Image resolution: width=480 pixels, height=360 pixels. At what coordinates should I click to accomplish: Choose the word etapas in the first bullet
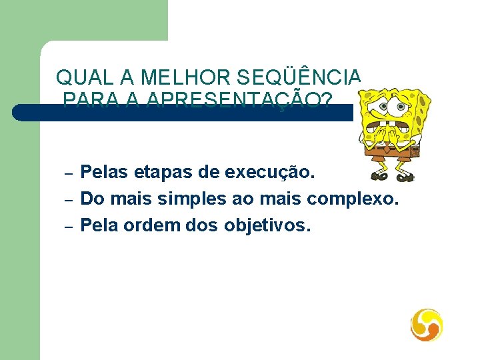(165, 173)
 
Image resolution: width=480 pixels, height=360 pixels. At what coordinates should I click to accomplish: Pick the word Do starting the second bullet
(91, 199)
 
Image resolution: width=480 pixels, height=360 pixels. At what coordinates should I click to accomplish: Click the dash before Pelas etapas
(68, 174)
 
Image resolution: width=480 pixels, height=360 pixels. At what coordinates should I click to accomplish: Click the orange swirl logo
(427, 325)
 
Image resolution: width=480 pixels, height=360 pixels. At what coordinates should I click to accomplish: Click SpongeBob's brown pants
(393, 150)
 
